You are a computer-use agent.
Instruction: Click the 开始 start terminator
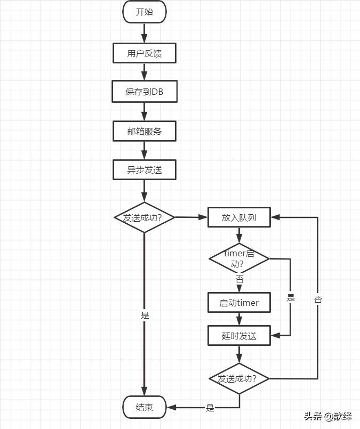pos(145,12)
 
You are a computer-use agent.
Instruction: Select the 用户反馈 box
pos(145,53)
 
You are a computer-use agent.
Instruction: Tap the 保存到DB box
pos(145,92)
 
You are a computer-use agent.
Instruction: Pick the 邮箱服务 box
pos(145,131)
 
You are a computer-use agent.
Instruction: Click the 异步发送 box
pos(145,170)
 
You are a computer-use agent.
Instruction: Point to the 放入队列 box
pos(239,217)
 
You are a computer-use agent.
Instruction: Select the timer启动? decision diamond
pos(239,259)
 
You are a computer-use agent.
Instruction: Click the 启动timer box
pos(239,303)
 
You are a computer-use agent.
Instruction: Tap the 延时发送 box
pos(239,336)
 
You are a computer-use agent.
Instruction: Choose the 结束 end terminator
pos(145,408)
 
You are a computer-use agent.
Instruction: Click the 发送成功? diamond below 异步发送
pos(145,217)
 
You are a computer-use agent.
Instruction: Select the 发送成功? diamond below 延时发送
pos(239,379)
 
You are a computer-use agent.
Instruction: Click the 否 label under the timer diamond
pos(239,280)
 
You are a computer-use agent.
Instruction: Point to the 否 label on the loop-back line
pos(318,300)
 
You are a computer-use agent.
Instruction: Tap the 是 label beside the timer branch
pos(291,298)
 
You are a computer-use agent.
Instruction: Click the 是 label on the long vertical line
pos(145,315)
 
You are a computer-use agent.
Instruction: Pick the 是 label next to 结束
pos(210,408)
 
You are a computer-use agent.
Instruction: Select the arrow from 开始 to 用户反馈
pos(145,33)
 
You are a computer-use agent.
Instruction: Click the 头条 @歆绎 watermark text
pos(328,416)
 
